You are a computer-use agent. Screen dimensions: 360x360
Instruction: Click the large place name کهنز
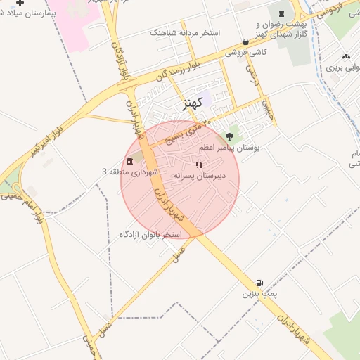(192, 103)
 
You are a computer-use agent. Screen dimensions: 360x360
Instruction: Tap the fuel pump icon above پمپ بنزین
(262, 279)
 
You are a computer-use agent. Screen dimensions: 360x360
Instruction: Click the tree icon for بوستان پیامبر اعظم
(229, 136)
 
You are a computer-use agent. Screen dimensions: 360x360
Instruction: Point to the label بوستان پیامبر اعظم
(229, 148)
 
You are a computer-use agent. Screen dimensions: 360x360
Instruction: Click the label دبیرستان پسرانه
(199, 176)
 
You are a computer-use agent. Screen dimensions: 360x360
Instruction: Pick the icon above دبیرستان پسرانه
(199, 165)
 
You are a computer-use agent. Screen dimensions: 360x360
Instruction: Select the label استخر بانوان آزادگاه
(150, 233)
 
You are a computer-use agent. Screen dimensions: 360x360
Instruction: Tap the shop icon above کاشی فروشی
(245, 41)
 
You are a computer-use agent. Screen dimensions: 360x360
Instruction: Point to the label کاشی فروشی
(241, 52)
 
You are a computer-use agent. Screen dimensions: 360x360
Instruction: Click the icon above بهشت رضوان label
(281, 13)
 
